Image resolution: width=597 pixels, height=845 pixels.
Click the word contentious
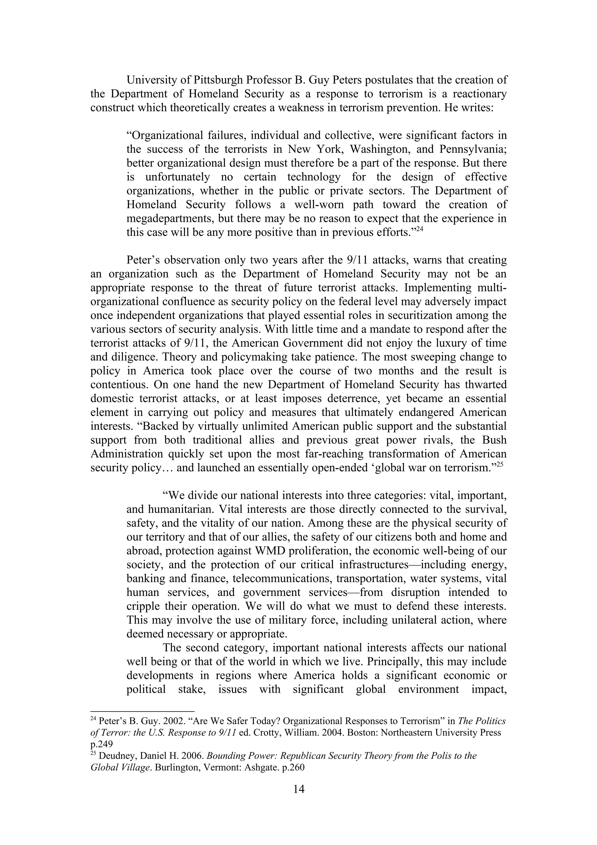click(x=119, y=385)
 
